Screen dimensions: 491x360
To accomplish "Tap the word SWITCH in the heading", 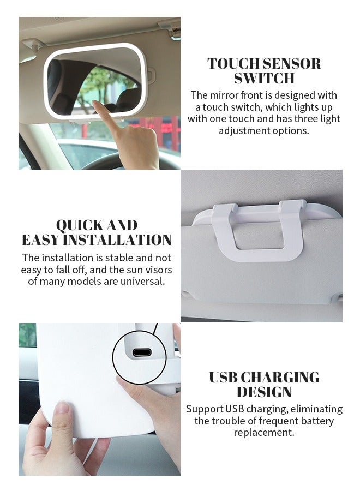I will coord(264,79).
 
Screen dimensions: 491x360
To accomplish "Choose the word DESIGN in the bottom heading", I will coord(264,392).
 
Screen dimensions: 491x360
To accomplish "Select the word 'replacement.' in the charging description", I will coord(264,433).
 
